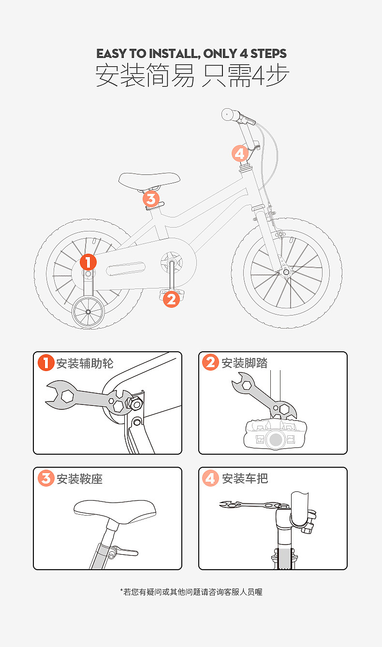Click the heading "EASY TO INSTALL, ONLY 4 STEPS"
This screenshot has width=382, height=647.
(x=191, y=53)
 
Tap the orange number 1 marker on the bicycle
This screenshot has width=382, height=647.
(x=88, y=262)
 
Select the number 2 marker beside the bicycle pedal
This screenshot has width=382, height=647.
(x=171, y=299)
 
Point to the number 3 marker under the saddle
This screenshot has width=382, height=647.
(x=151, y=199)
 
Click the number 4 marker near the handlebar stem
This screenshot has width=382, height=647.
(x=240, y=154)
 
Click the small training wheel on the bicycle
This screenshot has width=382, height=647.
(x=88, y=312)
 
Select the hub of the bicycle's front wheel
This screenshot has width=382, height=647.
(x=286, y=273)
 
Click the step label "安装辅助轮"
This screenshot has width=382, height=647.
(x=85, y=363)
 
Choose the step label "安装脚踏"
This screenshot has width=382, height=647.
(x=244, y=363)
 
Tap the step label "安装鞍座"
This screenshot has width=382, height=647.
(x=79, y=479)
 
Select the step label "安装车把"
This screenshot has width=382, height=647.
(x=245, y=478)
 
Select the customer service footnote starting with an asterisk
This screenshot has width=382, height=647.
(x=191, y=591)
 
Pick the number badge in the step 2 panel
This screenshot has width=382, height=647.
(x=210, y=362)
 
